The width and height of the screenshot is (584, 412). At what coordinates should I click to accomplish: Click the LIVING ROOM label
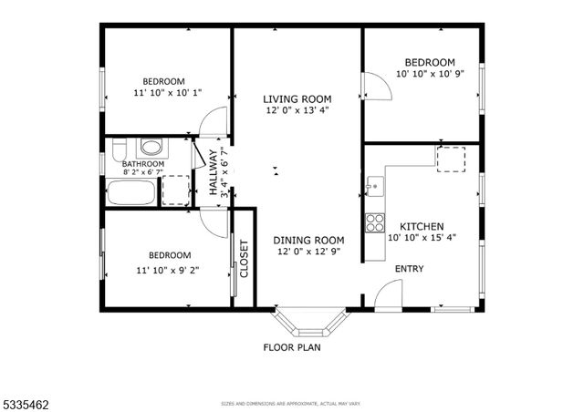[297, 98]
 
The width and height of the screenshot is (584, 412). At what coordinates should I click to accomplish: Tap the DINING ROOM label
[310, 241]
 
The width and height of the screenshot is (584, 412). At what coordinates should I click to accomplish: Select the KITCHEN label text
[421, 225]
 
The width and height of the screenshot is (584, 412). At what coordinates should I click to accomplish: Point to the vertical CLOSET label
[244, 259]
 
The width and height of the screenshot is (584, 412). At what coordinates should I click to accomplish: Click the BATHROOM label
[143, 164]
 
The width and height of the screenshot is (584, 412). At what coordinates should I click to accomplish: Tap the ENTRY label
[408, 269]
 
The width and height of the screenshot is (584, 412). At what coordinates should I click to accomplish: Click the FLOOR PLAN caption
[291, 347]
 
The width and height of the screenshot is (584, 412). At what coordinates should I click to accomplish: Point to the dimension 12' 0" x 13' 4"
[297, 110]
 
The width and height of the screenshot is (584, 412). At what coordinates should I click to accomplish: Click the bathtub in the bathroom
[130, 192]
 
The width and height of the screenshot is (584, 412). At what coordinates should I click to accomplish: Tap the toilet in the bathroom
[151, 147]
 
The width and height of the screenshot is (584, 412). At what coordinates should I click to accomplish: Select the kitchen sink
[374, 187]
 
